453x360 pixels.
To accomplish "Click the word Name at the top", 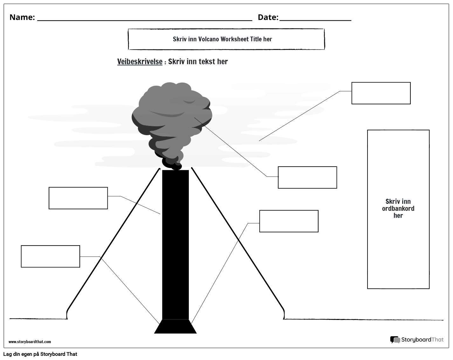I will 22,17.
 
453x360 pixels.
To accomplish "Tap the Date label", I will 268,17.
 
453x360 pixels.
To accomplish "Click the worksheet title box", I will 226,39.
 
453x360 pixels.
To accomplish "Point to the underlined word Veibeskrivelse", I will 140,62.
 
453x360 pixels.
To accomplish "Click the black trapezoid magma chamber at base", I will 175,327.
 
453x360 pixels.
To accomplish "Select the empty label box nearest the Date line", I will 381,93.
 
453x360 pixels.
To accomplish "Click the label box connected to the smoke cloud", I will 307,177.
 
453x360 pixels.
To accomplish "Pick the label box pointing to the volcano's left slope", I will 78,198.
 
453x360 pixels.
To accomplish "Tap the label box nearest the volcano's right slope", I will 289,221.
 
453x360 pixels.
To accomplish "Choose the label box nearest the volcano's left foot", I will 50,256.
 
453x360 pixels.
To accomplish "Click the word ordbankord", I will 398,209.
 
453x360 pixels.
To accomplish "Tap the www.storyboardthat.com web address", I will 30,342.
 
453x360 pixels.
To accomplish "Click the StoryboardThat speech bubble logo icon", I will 395,340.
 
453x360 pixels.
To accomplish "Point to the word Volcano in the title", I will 209,39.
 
